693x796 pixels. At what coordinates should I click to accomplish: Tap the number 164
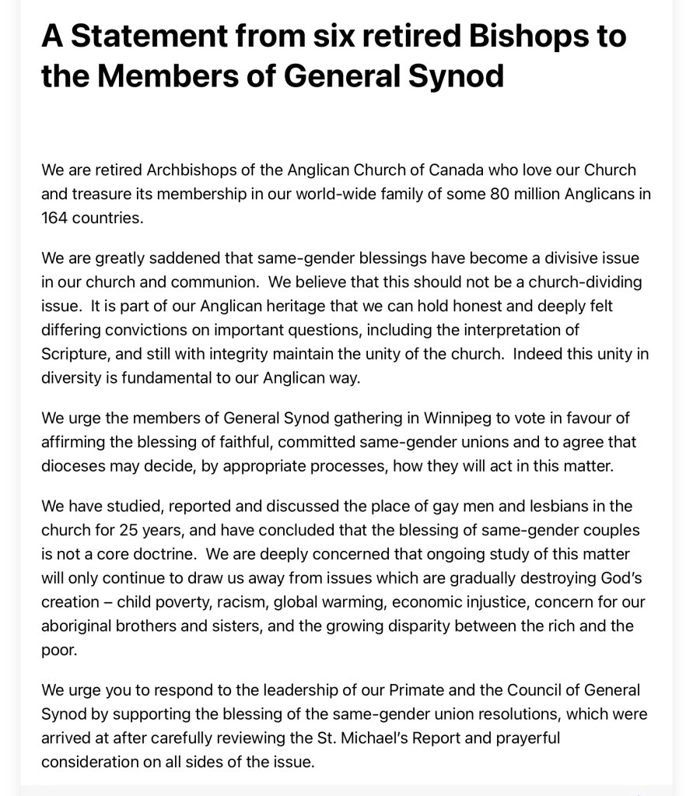tap(54, 218)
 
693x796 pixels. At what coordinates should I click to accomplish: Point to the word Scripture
tap(75, 354)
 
